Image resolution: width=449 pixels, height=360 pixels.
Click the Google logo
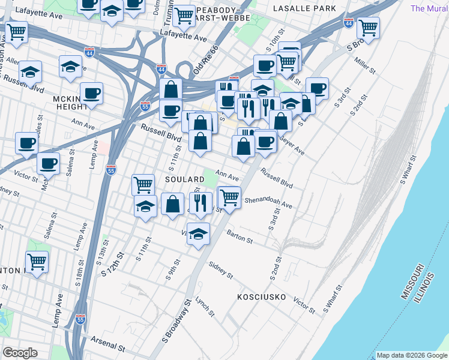(x=20, y=353)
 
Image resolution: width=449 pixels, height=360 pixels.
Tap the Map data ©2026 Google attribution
(x=412, y=355)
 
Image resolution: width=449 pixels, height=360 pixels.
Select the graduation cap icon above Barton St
(x=198, y=235)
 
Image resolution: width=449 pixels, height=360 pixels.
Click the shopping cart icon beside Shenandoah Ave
(x=229, y=196)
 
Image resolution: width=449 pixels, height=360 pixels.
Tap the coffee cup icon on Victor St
(x=48, y=163)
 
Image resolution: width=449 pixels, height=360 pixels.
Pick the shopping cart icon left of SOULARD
(x=143, y=184)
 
